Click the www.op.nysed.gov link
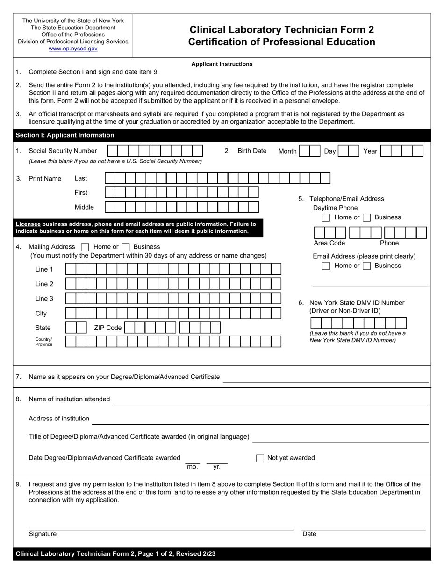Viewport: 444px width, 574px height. pyautogui.click(x=73, y=49)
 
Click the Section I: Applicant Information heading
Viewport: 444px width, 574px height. pyautogui.click(x=65, y=135)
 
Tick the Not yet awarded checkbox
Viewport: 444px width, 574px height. pyautogui.click(x=260, y=458)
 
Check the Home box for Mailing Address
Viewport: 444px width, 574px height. pyautogui.click(x=85, y=247)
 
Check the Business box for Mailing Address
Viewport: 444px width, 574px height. pyautogui.click(x=125, y=247)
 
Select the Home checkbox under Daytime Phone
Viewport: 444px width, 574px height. pyautogui.click(x=326, y=217)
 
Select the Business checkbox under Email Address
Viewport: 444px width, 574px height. pyautogui.click(x=367, y=266)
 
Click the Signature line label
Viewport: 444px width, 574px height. pyautogui.click(x=43, y=534)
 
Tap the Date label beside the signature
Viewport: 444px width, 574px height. pyautogui.click(x=309, y=534)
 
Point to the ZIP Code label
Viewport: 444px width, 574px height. pyautogui.click(x=107, y=328)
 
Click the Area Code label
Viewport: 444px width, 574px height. pyautogui.click(x=329, y=243)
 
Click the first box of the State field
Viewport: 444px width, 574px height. pyautogui.click(x=71, y=328)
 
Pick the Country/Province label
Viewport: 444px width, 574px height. pyautogui.click(x=43, y=342)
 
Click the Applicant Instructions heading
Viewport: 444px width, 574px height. pyautogui.click(x=222, y=64)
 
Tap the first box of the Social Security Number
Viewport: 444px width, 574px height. pyautogui.click(x=112, y=151)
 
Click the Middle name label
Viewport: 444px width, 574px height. pyautogui.click(x=84, y=207)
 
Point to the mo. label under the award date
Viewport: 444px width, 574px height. pyautogui.click(x=192, y=467)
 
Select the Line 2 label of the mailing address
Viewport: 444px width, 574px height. pyautogui.click(x=44, y=284)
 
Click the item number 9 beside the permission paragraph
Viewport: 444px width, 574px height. pyautogui.click(x=18, y=484)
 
